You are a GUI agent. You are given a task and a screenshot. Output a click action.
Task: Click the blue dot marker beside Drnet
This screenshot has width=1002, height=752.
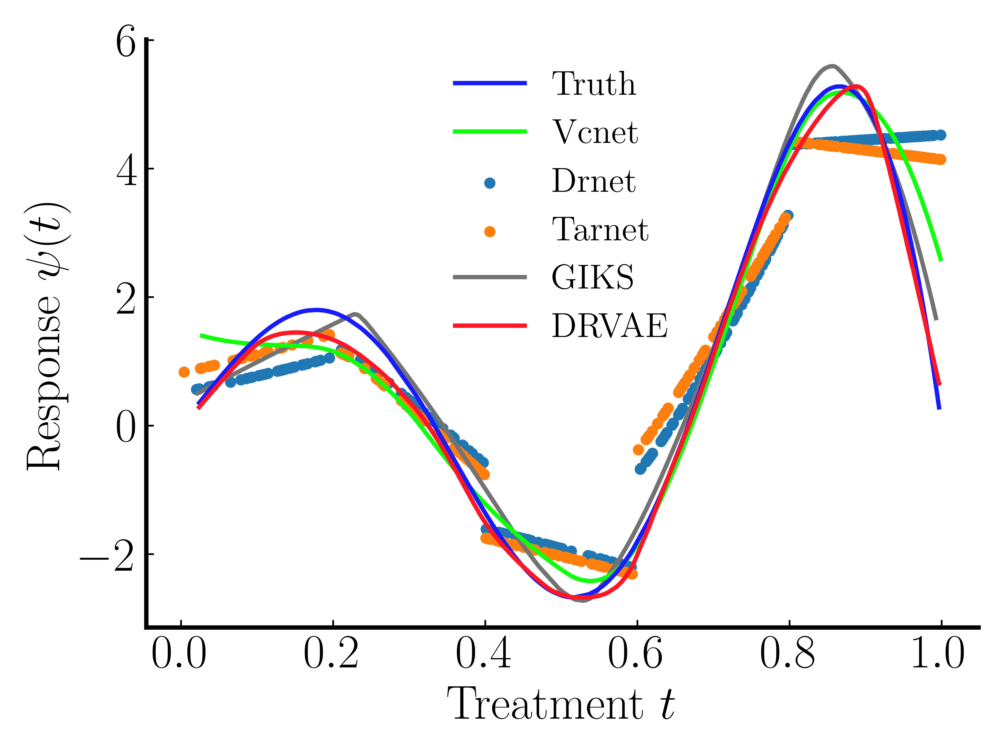490,183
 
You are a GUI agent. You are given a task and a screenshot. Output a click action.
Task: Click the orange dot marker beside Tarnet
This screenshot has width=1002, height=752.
490,232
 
